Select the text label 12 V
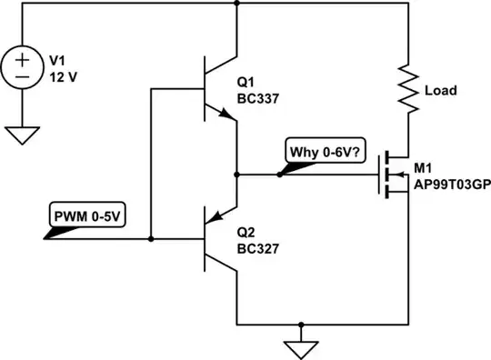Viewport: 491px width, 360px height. [60, 78]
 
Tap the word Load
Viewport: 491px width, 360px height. [441, 91]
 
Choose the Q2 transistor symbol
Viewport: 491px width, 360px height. [216, 240]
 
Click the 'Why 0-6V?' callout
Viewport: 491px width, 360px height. [324, 152]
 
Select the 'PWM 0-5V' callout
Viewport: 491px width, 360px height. [83, 218]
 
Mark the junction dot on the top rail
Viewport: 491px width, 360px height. [235, 5]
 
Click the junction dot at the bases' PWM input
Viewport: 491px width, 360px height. [151, 240]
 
